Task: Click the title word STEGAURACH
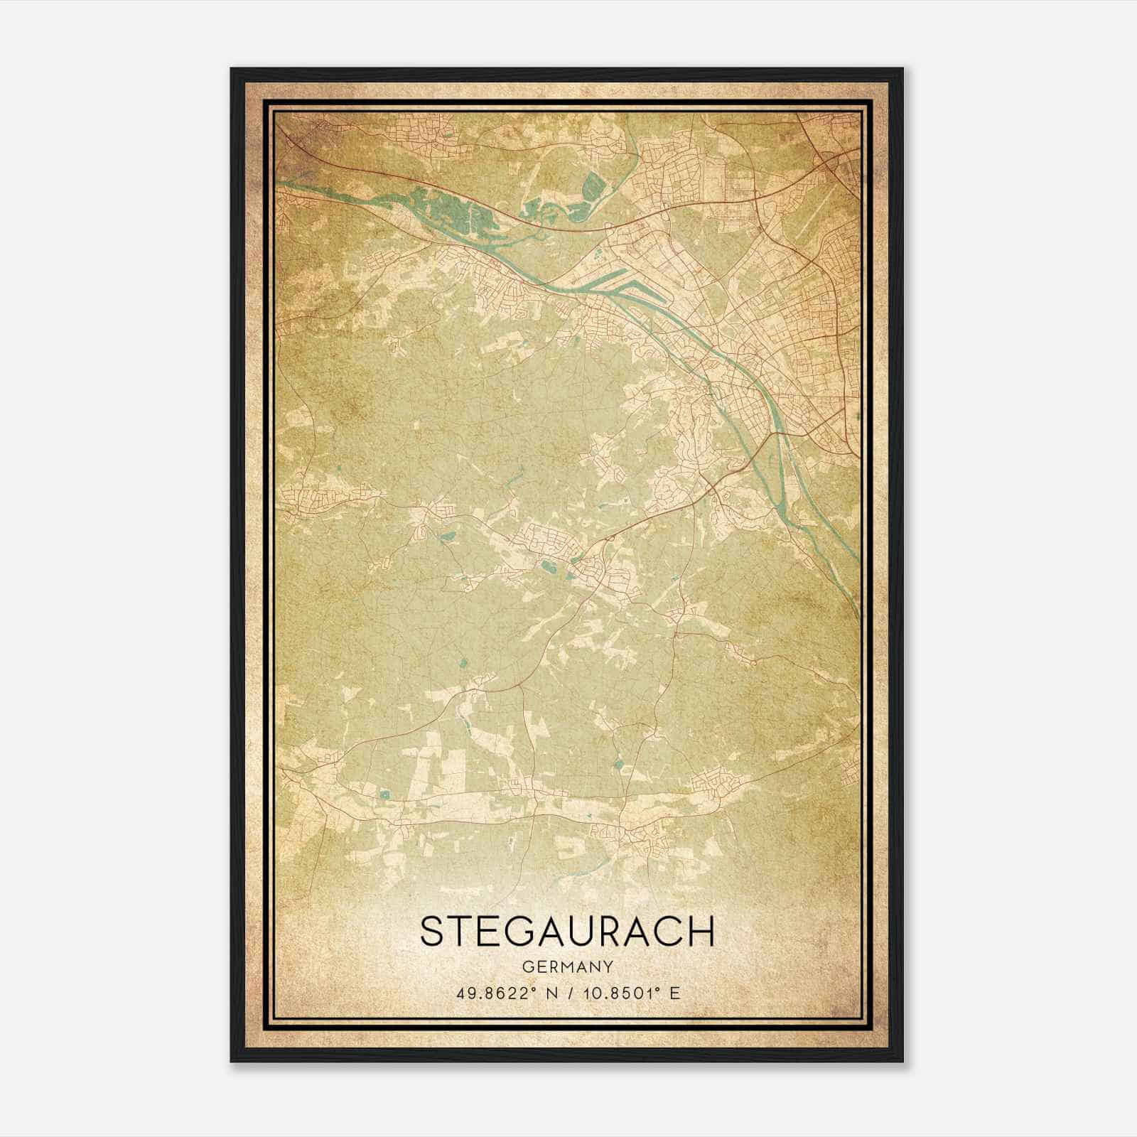click(567, 931)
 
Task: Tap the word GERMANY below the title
click(567, 966)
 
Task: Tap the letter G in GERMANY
click(526, 966)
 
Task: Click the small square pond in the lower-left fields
click(385, 794)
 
